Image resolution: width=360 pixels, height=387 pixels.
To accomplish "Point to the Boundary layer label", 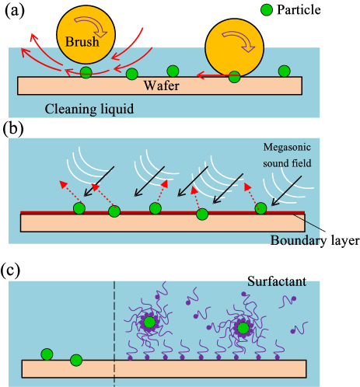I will [314, 240].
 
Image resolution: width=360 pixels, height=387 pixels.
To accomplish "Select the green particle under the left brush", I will [86, 73].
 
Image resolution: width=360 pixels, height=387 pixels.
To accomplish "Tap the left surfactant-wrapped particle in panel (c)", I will [150, 322].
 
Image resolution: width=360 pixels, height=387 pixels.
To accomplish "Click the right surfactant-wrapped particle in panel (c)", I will [244, 329].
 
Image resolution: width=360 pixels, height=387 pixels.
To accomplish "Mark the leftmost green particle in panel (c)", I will [48, 355].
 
